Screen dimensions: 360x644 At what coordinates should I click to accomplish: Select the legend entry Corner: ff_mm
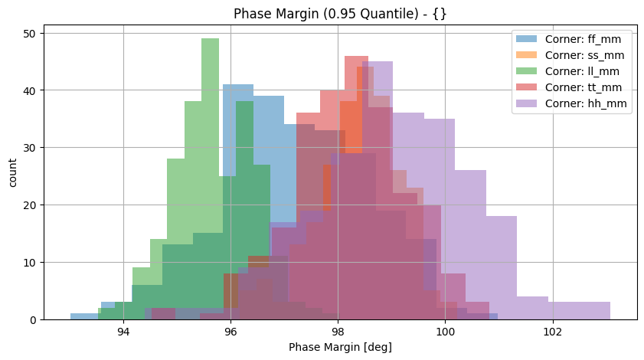[x=588, y=39]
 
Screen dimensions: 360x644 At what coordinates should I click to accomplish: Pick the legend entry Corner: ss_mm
[x=588, y=55]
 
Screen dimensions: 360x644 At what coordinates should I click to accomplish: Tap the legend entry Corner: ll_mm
[x=587, y=71]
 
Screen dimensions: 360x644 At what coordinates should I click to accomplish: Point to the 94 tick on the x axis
[x=123, y=332]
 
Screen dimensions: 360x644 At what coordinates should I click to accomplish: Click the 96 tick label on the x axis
[x=230, y=332]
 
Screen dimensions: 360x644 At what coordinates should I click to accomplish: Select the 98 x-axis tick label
[x=338, y=332]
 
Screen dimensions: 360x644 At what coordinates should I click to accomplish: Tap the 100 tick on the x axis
[x=445, y=332]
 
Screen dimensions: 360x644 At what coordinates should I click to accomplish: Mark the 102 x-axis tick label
[x=552, y=332]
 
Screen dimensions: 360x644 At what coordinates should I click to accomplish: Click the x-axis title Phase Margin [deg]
[x=340, y=347]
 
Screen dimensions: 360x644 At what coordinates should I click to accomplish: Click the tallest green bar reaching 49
[x=210, y=176]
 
